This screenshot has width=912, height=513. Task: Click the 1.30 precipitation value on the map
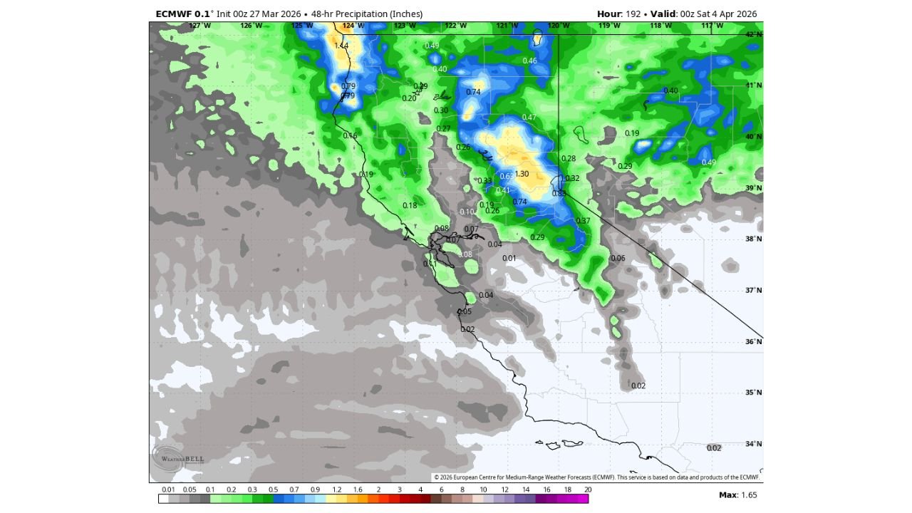click(522, 174)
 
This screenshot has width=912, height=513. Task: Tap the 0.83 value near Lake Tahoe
click(559, 193)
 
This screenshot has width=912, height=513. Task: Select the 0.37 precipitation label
click(583, 221)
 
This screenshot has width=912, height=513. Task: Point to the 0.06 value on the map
click(618, 258)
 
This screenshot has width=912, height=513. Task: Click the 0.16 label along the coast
click(350, 135)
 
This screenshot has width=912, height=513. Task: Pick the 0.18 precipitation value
click(410, 205)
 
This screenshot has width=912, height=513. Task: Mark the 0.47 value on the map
click(529, 118)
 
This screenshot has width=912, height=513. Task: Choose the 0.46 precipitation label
click(529, 61)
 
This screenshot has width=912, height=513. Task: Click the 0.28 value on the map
click(569, 158)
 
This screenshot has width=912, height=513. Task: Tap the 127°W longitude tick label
click(199, 26)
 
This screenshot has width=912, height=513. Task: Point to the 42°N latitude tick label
click(754, 34)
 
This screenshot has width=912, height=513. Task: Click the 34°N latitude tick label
click(754, 444)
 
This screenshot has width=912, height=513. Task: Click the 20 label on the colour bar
click(587, 489)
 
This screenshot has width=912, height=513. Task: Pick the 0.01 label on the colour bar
click(168, 489)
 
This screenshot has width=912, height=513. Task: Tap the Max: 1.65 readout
click(737, 494)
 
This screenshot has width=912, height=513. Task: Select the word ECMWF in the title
click(171, 14)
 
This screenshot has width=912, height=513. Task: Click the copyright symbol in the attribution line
click(437, 477)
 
